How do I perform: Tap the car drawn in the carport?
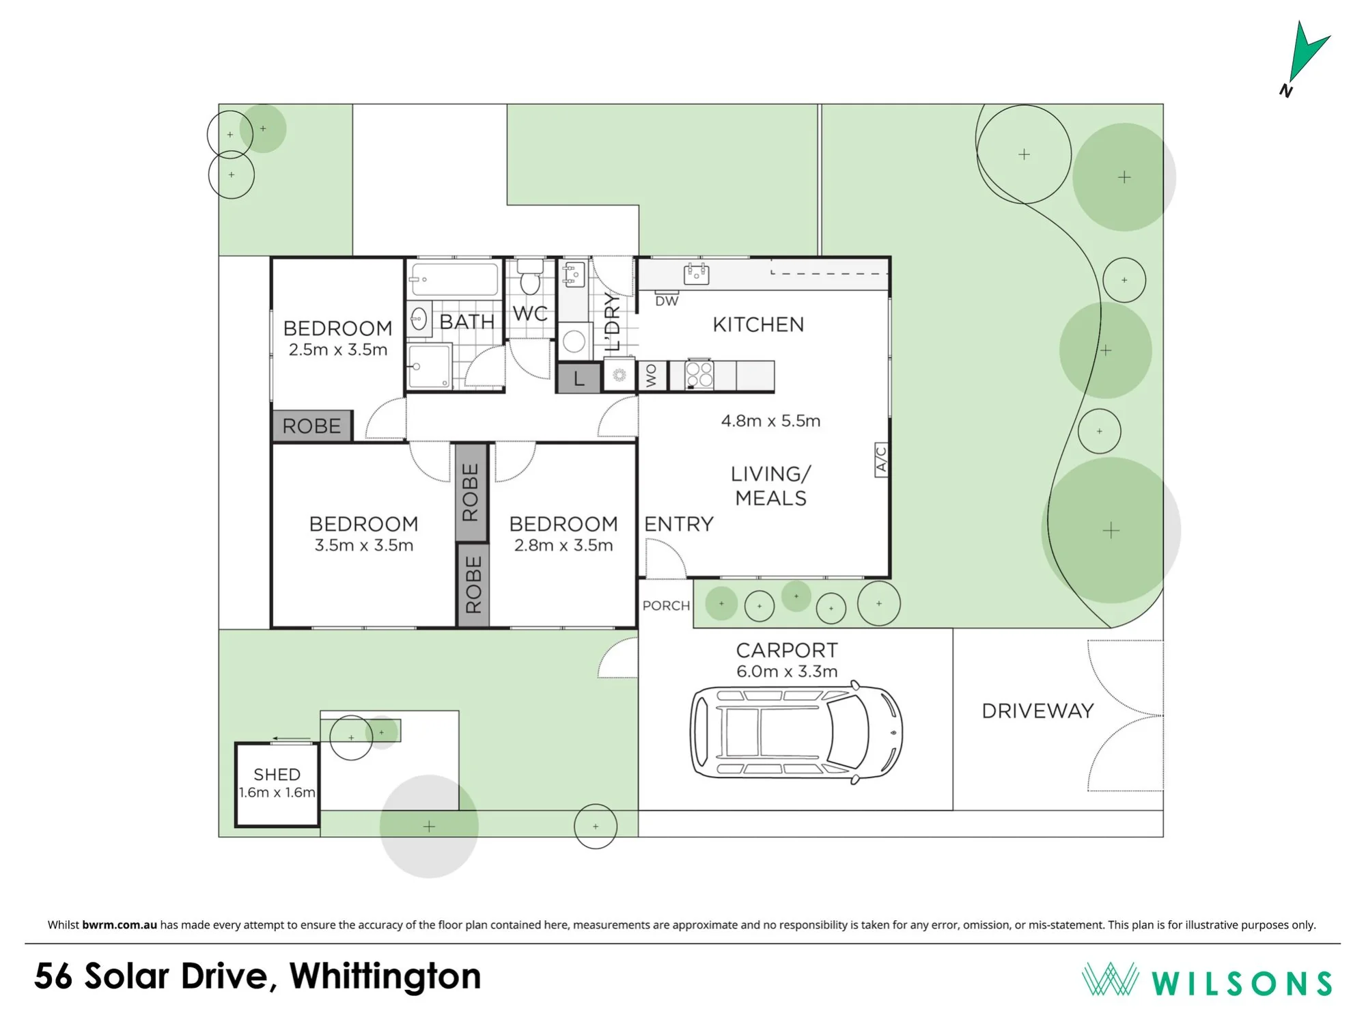(796, 732)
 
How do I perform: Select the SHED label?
(277, 775)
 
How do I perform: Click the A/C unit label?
(881, 459)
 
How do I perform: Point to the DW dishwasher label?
(667, 301)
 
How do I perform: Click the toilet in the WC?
(529, 277)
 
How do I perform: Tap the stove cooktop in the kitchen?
(699, 374)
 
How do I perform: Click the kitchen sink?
(696, 274)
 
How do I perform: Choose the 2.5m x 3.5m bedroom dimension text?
(338, 350)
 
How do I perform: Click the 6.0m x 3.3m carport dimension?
(787, 672)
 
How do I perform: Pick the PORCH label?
(666, 605)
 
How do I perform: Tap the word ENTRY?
(679, 524)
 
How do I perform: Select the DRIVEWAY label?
(1037, 711)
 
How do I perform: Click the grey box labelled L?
(579, 378)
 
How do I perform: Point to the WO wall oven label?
(651, 376)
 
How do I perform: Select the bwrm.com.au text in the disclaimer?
(120, 925)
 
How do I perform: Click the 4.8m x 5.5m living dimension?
(770, 421)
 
